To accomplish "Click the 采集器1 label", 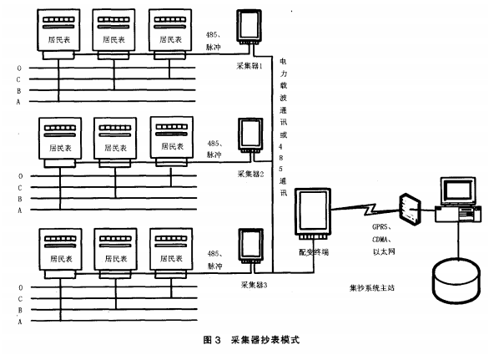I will [250, 64].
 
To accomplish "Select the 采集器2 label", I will [250, 174].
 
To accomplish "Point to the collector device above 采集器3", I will [250, 246].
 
